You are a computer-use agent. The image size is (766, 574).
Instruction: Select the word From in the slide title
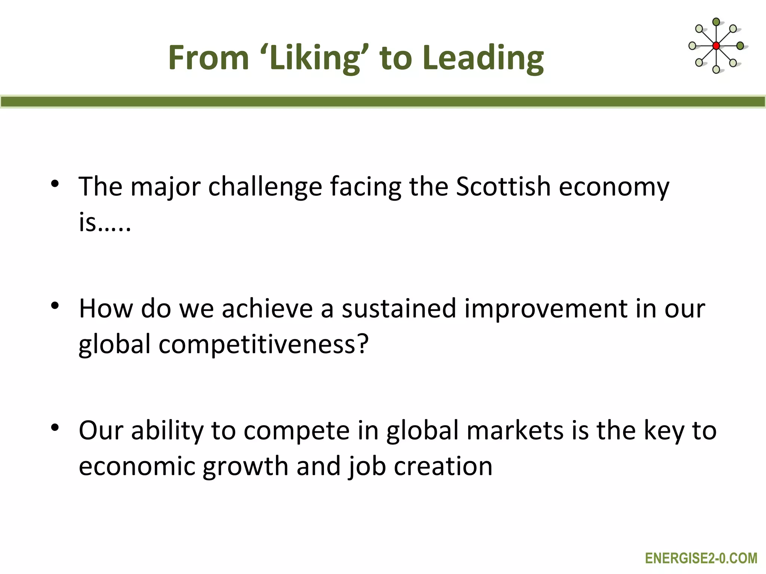tap(208, 58)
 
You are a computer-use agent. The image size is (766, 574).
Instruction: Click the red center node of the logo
tap(716, 46)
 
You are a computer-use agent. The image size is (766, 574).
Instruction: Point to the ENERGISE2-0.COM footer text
tap(701, 558)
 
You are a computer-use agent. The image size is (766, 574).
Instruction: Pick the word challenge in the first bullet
tap(265, 187)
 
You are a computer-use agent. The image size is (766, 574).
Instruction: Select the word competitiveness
tap(257, 345)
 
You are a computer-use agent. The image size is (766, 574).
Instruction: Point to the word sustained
tap(399, 309)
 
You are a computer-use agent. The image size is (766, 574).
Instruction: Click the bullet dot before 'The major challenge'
tap(55, 184)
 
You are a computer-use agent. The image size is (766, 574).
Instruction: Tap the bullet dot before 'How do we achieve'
tap(55, 306)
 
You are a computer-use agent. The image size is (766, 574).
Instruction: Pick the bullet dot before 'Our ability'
tap(55, 428)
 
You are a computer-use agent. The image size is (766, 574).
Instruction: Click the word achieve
tap(267, 309)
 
